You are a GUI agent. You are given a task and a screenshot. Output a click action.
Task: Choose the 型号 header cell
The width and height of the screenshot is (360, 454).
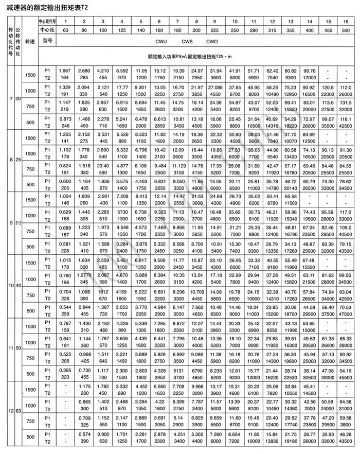click(x=48, y=40)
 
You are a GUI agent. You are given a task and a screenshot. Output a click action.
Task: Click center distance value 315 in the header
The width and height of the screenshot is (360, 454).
click(x=273, y=30)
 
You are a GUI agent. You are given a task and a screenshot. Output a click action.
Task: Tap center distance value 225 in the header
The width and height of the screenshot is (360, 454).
click(x=215, y=30)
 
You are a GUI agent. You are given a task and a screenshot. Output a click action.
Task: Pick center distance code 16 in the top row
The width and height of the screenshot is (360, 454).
click(x=345, y=21)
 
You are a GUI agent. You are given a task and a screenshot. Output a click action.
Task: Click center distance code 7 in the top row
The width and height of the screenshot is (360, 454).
click(x=177, y=21)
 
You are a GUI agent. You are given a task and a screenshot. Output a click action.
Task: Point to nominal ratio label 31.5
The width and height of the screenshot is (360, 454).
click(x=18, y=222)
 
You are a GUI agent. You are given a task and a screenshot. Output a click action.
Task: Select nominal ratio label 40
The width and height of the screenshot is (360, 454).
click(x=18, y=285)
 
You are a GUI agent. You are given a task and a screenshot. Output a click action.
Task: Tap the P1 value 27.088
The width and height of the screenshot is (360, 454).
click(x=215, y=88)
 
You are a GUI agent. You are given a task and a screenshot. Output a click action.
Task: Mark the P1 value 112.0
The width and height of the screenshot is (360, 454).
click(x=345, y=88)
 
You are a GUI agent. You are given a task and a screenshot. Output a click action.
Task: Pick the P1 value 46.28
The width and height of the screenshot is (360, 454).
click(x=345, y=435)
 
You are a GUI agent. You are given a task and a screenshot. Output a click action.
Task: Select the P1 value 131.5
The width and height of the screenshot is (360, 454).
click(x=345, y=103)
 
